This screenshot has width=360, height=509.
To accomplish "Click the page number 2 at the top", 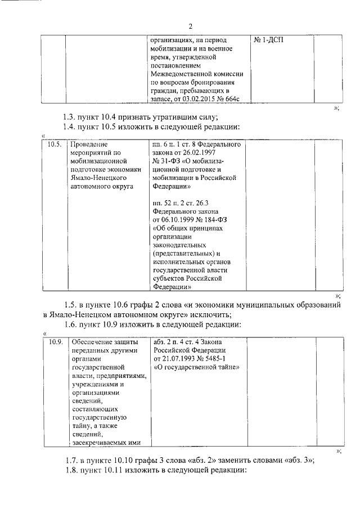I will (191, 26).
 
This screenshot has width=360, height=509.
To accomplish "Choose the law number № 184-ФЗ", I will (222, 218).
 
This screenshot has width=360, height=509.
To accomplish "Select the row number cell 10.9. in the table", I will (54, 342).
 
